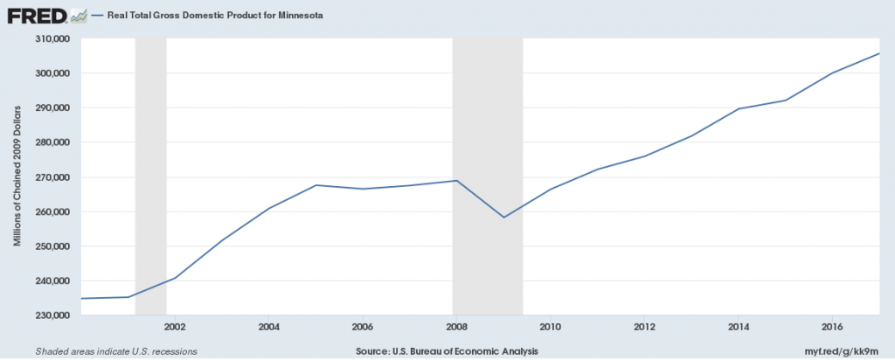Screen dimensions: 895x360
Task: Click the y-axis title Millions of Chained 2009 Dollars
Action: point(17,177)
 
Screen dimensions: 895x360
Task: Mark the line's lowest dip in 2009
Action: point(503,218)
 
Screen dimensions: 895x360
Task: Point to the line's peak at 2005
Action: point(316,185)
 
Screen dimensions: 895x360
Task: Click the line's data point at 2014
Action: point(738,108)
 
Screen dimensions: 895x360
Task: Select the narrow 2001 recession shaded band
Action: point(150,177)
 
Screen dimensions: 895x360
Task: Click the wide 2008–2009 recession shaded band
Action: point(488,177)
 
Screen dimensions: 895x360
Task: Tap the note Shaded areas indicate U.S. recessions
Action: point(116,351)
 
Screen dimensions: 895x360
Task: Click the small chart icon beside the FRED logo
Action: point(79,17)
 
